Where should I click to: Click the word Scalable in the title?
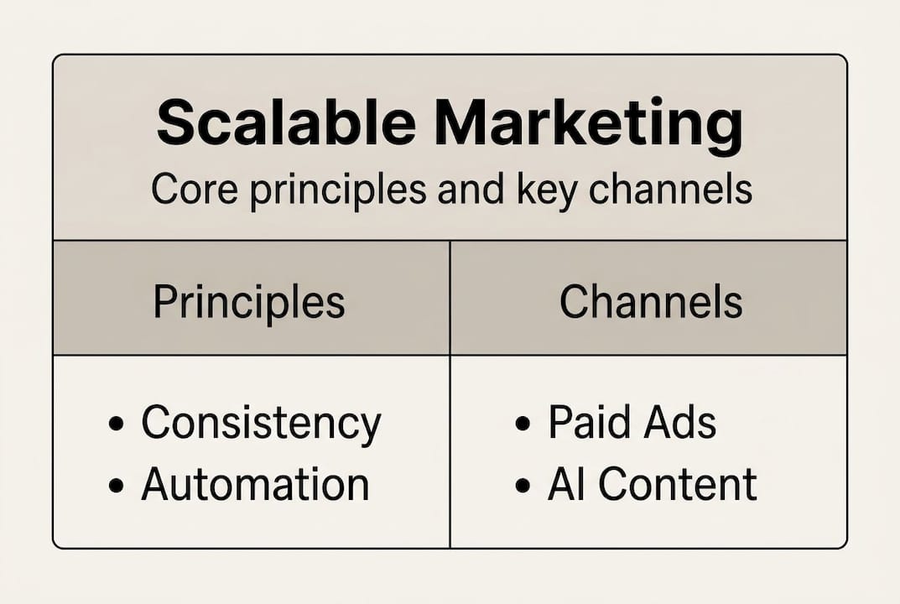click(x=285, y=123)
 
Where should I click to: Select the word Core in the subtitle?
click(x=185, y=190)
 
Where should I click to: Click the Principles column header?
click(x=249, y=302)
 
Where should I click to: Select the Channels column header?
click(x=651, y=302)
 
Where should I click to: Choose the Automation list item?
click(x=255, y=485)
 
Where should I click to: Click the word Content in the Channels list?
click(x=677, y=484)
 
